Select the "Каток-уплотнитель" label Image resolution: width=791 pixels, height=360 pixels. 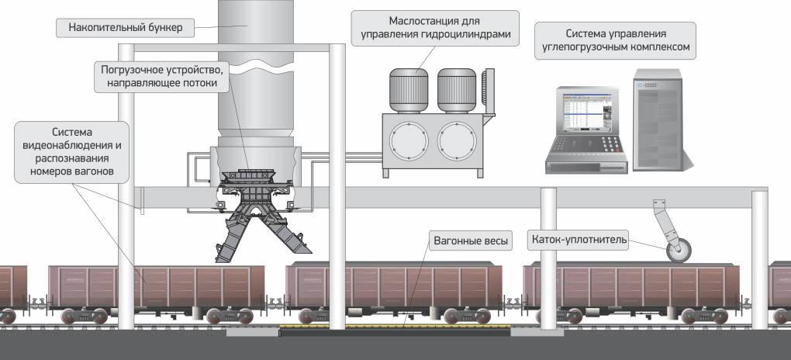pyautogui.click(x=579, y=240)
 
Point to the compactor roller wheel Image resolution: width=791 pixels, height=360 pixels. pyautogui.click(x=679, y=251)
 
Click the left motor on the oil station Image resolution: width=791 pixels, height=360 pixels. pyautogui.click(x=409, y=89)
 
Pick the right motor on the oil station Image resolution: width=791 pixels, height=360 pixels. pyautogui.click(x=456, y=89)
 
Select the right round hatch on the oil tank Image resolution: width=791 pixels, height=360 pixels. pyautogui.click(x=455, y=141)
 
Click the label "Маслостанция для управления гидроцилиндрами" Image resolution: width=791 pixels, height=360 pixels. pyautogui.click(x=433, y=27)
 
